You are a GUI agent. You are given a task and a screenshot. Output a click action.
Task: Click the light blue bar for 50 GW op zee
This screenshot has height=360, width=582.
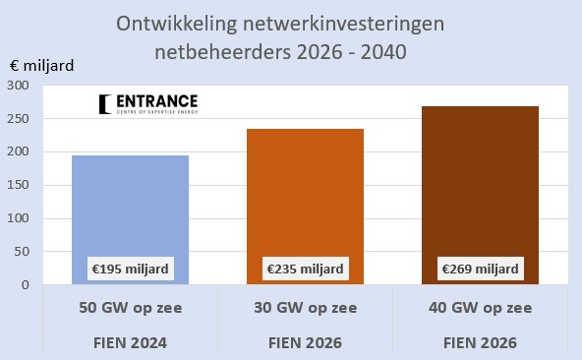(x=131, y=220)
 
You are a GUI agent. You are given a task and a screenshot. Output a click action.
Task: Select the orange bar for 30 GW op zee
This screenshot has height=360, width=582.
(x=305, y=207)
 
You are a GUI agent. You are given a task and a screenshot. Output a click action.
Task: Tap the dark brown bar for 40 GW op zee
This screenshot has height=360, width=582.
(x=480, y=196)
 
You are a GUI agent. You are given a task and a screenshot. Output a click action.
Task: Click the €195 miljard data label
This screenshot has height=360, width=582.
(x=131, y=269)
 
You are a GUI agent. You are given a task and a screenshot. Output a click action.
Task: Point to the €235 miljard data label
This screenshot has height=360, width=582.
(x=305, y=269)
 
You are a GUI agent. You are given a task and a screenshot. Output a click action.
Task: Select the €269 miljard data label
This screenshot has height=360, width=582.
(x=481, y=269)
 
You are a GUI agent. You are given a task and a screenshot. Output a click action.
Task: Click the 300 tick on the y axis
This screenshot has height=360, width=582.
(x=18, y=86)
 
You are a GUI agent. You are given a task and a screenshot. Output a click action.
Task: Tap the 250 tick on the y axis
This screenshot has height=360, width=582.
(x=18, y=119)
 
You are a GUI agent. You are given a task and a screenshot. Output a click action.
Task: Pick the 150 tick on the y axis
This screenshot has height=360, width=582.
(x=18, y=185)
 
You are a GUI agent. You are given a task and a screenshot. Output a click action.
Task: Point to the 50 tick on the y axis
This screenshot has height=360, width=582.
(x=22, y=252)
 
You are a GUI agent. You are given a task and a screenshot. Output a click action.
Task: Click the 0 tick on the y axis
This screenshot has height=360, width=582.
(x=26, y=285)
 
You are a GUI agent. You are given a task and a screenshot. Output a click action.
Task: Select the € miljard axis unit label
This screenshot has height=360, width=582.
(x=42, y=66)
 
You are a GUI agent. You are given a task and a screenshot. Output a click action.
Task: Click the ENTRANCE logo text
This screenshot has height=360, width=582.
(x=156, y=101)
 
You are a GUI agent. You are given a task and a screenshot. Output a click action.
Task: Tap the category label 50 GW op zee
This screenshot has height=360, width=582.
(x=131, y=308)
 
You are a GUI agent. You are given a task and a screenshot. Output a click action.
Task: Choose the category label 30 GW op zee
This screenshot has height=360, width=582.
(x=305, y=308)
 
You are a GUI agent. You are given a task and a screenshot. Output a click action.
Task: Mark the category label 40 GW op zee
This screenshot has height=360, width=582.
(x=481, y=308)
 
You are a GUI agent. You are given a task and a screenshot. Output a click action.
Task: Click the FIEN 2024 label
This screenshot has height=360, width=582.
(x=130, y=343)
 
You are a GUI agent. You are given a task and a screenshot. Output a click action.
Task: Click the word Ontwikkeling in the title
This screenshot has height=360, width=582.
(x=176, y=25)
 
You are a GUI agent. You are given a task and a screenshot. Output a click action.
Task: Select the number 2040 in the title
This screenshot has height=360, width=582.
(x=383, y=52)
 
